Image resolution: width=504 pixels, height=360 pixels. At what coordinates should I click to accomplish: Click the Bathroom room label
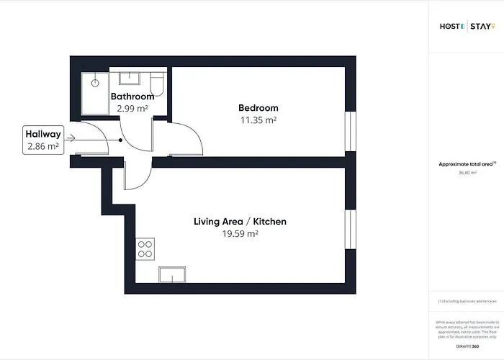tap(132, 96)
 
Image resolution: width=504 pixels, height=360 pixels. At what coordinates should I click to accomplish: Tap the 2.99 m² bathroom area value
tap(132, 109)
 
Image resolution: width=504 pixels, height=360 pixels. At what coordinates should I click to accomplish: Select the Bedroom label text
tap(258, 108)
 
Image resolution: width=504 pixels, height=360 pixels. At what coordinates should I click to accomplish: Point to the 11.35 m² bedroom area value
tap(258, 120)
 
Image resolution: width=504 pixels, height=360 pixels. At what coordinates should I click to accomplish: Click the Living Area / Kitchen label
tap(240, 222)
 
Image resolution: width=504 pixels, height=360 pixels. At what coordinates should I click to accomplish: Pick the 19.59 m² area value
tap(240, 234)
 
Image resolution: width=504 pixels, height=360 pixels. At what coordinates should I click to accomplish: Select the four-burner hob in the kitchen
tap(145, 248)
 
